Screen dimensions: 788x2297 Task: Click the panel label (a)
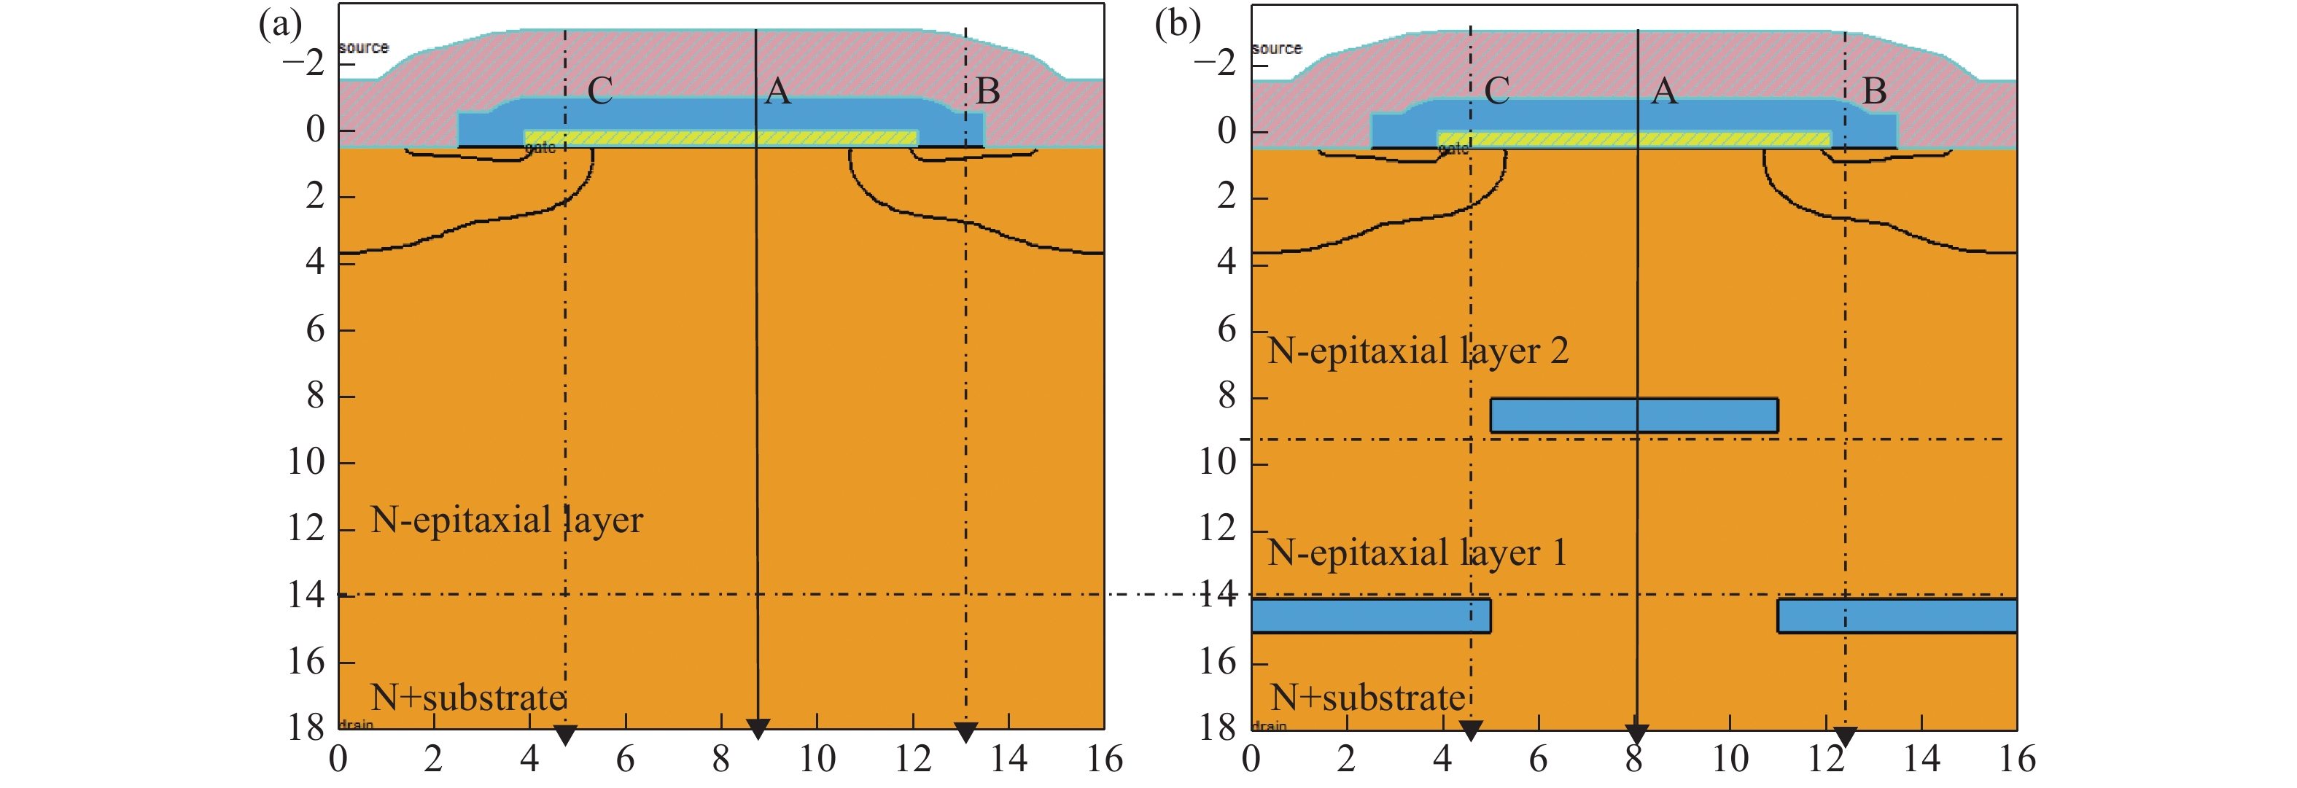280,24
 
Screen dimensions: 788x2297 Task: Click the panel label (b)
1177,24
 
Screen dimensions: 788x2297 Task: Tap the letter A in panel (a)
777,91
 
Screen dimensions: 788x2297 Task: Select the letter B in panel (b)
1874,91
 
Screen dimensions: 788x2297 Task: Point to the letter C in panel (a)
600,91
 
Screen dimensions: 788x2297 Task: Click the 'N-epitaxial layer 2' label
1418,351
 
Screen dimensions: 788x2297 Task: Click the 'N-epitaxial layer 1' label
1418,553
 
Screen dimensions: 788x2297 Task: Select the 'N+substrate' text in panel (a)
468,697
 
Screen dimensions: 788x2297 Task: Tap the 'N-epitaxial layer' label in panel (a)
507,520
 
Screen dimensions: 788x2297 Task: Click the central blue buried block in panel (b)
1633,416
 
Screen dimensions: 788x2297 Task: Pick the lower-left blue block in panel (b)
1369,616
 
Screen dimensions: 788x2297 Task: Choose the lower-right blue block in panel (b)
1897,616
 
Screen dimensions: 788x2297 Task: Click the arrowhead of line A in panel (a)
757,729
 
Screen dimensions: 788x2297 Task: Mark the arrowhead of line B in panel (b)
1845,737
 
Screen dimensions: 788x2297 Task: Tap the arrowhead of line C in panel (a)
565,736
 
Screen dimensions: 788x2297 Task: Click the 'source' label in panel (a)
364,47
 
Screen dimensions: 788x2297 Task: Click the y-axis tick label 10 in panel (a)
306,461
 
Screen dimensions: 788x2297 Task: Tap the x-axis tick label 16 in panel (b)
2017,760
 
